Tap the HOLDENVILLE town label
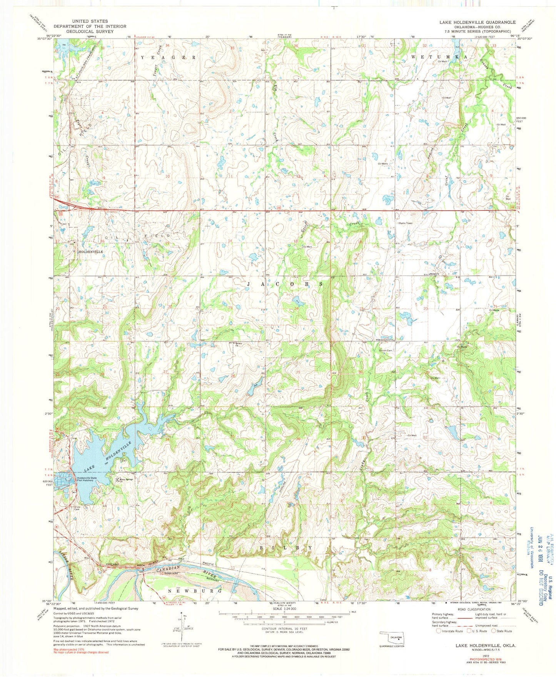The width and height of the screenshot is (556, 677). [90, 251]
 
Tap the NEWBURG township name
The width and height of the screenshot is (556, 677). [195, 591]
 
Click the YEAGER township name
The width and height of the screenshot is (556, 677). [168, 57]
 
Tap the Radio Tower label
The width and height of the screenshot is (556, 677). [406, 223]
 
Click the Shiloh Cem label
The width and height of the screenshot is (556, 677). [386, 350]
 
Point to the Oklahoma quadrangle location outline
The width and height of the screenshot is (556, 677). [391, 637]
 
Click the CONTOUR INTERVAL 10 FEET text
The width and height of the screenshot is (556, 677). [284, 629]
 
